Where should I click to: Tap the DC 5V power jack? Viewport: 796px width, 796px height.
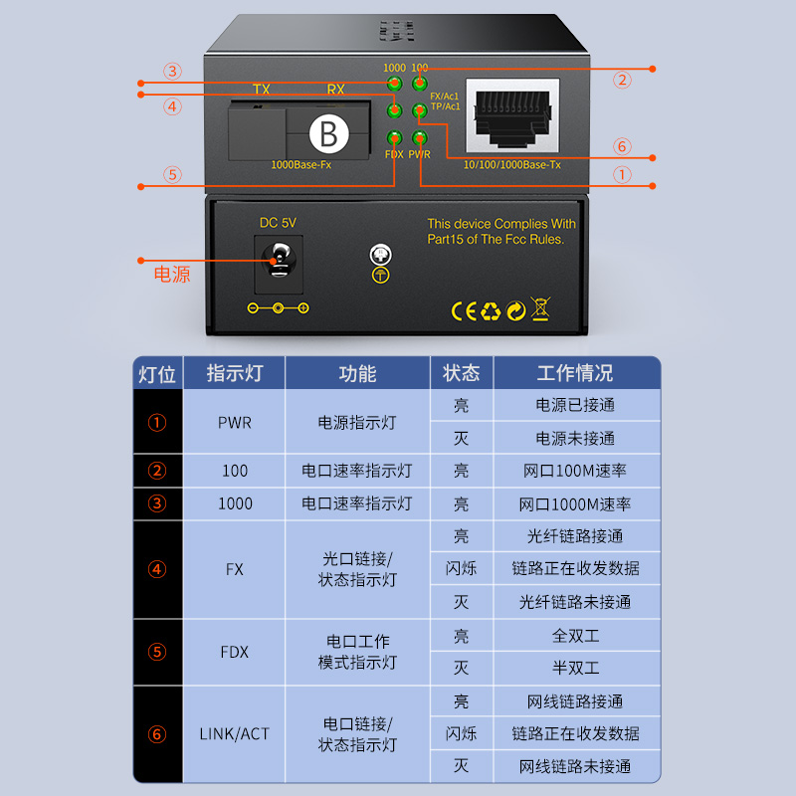coord(279,261)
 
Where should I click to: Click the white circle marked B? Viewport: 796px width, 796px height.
coord(329,133)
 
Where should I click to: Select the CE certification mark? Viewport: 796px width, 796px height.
coord(464,311)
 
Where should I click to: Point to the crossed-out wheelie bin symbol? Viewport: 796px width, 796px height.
coord(540,308)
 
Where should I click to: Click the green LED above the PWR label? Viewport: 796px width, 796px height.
coord(420,137)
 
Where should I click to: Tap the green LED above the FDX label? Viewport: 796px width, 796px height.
coord(394,137)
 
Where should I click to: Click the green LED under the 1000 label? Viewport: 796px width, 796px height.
coord(394,84)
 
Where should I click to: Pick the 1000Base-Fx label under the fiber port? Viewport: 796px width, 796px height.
coord(301,165)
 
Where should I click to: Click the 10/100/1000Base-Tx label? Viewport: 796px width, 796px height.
coord(512,165)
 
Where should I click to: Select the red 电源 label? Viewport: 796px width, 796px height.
coord(172,275)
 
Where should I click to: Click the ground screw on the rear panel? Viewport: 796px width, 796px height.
coord(381,254)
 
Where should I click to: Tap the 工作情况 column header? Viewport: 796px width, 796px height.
coord(575,373)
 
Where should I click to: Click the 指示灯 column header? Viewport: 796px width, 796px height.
coord(235,373)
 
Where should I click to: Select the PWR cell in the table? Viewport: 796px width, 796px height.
coord(235,422)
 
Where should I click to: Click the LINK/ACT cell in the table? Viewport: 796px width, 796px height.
coord(235,734)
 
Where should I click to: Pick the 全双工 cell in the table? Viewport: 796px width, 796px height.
coord(576,636)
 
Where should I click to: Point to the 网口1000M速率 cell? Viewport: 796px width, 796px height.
coord(575,504)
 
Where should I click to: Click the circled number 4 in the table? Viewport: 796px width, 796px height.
coord(157,569)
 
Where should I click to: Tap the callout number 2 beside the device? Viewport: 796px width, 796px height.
coord(623,81)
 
